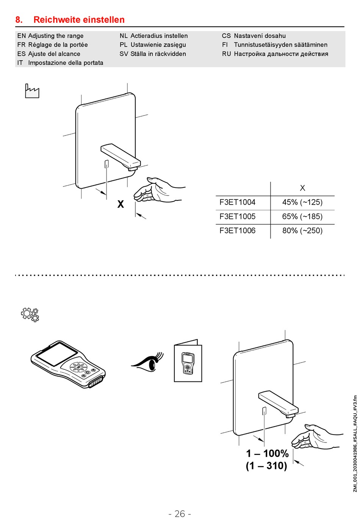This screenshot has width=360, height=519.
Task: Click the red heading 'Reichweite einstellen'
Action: click(79, 20)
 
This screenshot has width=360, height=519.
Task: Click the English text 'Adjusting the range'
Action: click(56, 36)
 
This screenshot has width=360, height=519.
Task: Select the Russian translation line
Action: click(281, 54)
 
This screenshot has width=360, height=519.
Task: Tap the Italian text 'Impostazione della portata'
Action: click(66, 63)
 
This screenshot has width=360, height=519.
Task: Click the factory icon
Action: click(32, 91)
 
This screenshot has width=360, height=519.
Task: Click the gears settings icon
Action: click(30, 314)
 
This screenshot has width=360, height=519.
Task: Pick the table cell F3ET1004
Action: click(238, 202)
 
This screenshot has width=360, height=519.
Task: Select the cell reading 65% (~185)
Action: click(302, 217)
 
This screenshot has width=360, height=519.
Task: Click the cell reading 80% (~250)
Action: click(302, 231)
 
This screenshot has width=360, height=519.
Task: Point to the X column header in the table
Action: click(302, 188)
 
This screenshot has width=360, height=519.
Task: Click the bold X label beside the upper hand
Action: click(121, 205)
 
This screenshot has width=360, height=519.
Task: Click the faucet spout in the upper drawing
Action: click(121, 155)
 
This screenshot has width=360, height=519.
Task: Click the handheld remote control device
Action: click(68, 364)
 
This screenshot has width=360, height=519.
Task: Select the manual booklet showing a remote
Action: click(188, 361)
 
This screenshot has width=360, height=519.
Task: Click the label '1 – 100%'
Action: click(267, 453)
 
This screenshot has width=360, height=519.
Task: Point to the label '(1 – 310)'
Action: click(266, 466)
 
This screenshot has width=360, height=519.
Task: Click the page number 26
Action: click(180, 514)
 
